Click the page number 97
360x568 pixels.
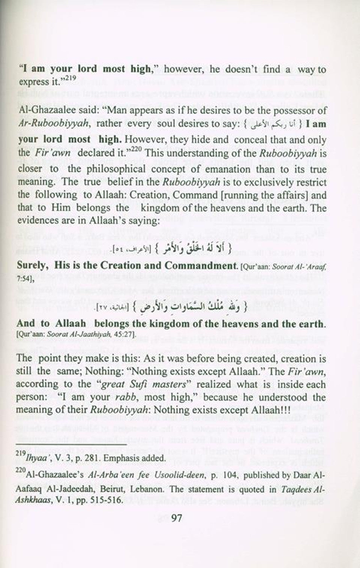(176, 519)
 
